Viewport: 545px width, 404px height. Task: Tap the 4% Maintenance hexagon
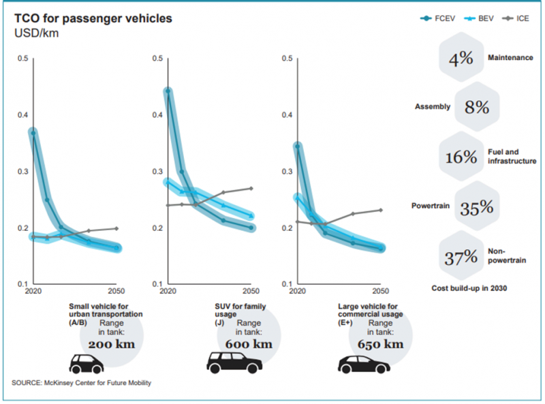[x=461, y=59]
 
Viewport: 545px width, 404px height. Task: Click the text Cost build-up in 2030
[x=471, y=289]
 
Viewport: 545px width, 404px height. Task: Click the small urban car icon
[x=85, y=364]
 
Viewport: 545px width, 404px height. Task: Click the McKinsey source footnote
[x=82, y=383]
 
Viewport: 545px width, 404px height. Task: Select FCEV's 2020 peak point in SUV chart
[x=168, y=91]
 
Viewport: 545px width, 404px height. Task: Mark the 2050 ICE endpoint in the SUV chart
[x=251, y=188]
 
